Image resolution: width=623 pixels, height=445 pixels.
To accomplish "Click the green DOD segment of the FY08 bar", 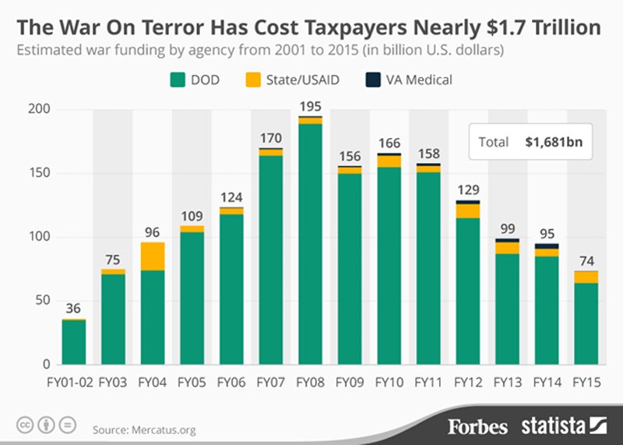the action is coord(310,244).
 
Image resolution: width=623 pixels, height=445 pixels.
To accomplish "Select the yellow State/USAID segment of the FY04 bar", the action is coord(153,256).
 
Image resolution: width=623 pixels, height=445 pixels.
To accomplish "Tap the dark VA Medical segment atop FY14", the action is coord(547,246).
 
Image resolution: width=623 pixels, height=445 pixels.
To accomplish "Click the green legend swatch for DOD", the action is coord(178,80).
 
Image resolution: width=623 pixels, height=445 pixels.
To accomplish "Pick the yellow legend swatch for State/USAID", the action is coord(253,80).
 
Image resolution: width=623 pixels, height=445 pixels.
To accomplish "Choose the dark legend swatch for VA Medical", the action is coord(373,80).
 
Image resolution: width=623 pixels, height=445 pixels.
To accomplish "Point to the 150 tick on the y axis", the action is coord(40,173).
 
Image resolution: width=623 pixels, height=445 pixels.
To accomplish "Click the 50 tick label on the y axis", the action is coord(43,300).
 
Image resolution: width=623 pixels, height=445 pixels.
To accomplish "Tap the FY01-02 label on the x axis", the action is coord(70,383).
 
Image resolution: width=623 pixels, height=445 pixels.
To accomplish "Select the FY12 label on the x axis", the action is coord(468,383).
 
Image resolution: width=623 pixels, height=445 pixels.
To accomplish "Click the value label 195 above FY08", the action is coord(310,107).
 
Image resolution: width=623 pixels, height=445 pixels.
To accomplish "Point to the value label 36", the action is coord(73,308).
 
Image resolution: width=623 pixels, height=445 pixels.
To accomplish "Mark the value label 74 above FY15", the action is coord(586,261).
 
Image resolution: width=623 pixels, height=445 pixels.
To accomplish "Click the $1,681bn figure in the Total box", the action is coord(554,142).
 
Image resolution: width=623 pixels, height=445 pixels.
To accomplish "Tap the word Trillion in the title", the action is coord(567,27).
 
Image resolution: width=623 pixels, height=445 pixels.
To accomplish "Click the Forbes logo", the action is coord(478,427).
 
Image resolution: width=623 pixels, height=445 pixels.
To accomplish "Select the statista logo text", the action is coord(553,426).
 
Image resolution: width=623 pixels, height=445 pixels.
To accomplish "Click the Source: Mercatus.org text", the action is coord(144,430).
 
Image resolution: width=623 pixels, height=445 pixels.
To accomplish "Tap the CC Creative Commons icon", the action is coord(25,425).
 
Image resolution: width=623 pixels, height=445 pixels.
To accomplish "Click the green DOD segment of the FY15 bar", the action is coord(586,323).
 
